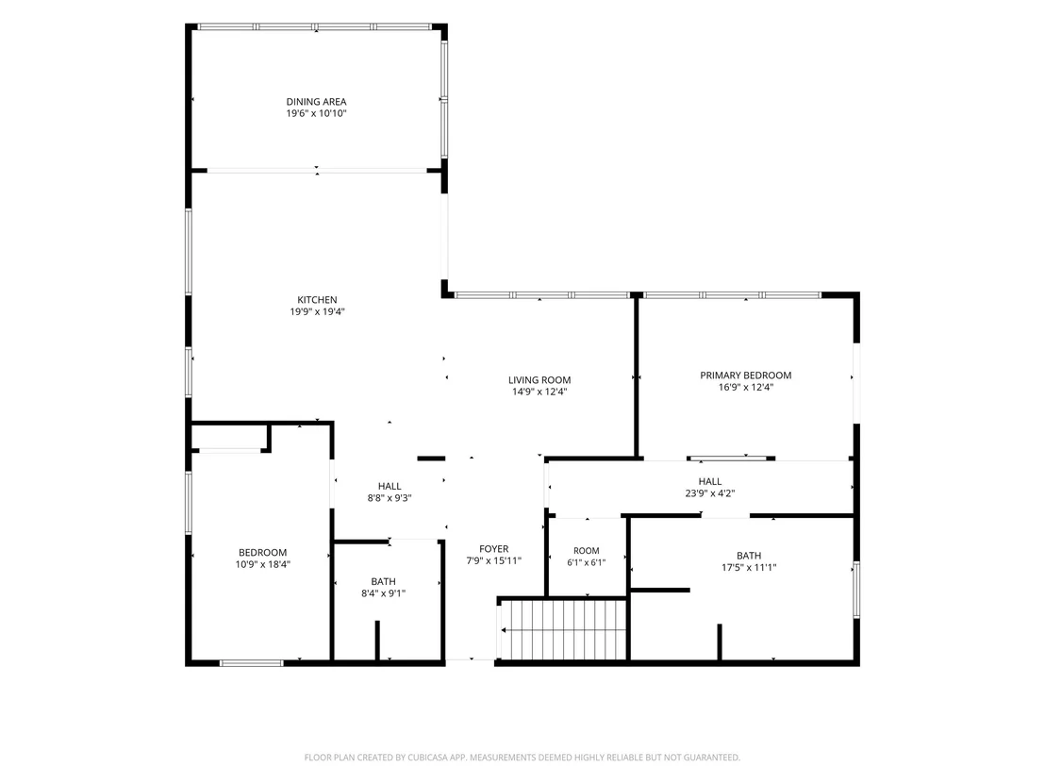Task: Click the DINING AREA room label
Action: click(x=316, y=102)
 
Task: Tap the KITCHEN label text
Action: click(x=317, y=300)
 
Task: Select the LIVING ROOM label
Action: click(x=539, y=380)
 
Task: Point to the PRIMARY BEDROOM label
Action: click(x=746, y=375)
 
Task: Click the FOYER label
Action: click(x=494, y=549)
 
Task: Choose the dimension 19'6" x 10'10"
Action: click(x=316, y=114)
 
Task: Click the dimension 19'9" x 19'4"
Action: click(x=317, y=312)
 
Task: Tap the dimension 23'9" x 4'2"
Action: click(x=710, y=494)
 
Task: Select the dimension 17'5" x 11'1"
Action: click(x=749, y=568)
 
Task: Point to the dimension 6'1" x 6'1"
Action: click(x=587, y=562)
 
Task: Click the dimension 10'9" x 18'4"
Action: click(x=262, y=565)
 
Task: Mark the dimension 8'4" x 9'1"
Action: click(x=383, y=593)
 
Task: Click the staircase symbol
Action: click(x=564, y=630)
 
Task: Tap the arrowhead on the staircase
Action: click(x=504, y=630)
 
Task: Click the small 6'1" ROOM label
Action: click(x=587, y=551)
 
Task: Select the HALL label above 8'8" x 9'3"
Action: click(x=390, y=487)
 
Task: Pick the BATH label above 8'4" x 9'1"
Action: click(x=383, y=582)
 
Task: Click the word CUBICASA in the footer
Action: click(x=433, y=758)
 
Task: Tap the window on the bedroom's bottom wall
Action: click(x=251, y=662)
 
